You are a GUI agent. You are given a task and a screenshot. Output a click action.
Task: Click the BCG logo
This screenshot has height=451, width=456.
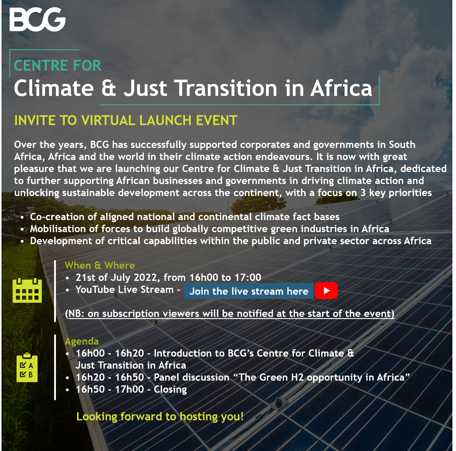[38, 20]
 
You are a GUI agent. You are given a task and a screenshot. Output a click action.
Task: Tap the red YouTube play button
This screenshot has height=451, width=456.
[326, 291]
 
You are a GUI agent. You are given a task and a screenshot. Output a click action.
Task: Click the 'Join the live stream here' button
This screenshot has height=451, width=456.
[249, 291]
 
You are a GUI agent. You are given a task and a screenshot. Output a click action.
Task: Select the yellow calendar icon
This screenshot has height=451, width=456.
[27, 290]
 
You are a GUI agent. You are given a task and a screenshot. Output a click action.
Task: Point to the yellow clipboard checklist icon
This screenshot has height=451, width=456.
[27, 367]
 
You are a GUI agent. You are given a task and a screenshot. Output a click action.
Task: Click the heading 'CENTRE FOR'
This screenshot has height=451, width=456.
[58, 66]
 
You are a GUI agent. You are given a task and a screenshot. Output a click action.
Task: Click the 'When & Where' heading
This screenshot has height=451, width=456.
[100, 265]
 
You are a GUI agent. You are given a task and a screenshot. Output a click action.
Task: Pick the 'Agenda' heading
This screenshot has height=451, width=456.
[82, 341]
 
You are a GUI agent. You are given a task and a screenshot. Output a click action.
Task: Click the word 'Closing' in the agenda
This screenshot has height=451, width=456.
[170, 389]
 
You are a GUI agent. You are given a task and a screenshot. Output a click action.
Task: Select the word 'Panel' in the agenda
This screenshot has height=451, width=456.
[166, 377]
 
